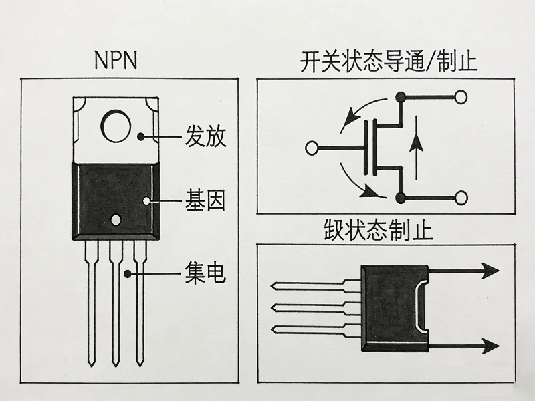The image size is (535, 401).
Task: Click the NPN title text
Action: pos(115,61)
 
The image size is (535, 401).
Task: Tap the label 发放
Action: pos(205,137)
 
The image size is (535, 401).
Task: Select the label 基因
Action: pos(205,200)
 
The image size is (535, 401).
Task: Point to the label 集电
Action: pos(205,273)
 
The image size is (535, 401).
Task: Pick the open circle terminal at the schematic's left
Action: pos(312,148)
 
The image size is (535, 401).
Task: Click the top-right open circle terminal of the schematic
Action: pos(461,98)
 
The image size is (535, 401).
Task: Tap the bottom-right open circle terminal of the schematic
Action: pos(461,198)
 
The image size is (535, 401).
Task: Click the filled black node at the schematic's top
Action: pos(401,98)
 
